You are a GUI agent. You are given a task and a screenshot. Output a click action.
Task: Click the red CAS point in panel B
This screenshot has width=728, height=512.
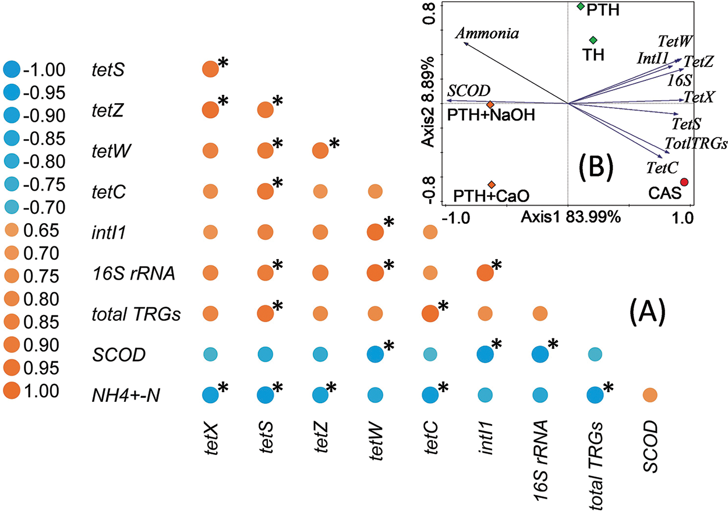684,182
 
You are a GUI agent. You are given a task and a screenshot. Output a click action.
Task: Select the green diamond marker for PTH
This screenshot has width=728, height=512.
580,6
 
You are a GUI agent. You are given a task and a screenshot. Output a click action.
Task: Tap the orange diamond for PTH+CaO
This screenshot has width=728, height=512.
492,184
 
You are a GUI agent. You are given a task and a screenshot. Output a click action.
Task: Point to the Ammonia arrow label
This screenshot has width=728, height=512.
487,33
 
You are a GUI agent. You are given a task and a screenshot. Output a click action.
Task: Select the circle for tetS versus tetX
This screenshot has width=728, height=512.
210,69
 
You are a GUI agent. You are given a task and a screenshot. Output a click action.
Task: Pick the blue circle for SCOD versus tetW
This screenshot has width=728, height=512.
374,354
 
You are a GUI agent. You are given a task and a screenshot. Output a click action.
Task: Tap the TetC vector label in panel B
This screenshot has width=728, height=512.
662,168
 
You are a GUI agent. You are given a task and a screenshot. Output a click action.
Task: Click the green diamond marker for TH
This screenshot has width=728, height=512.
593,40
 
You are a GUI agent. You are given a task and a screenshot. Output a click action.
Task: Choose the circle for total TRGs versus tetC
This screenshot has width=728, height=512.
430,313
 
